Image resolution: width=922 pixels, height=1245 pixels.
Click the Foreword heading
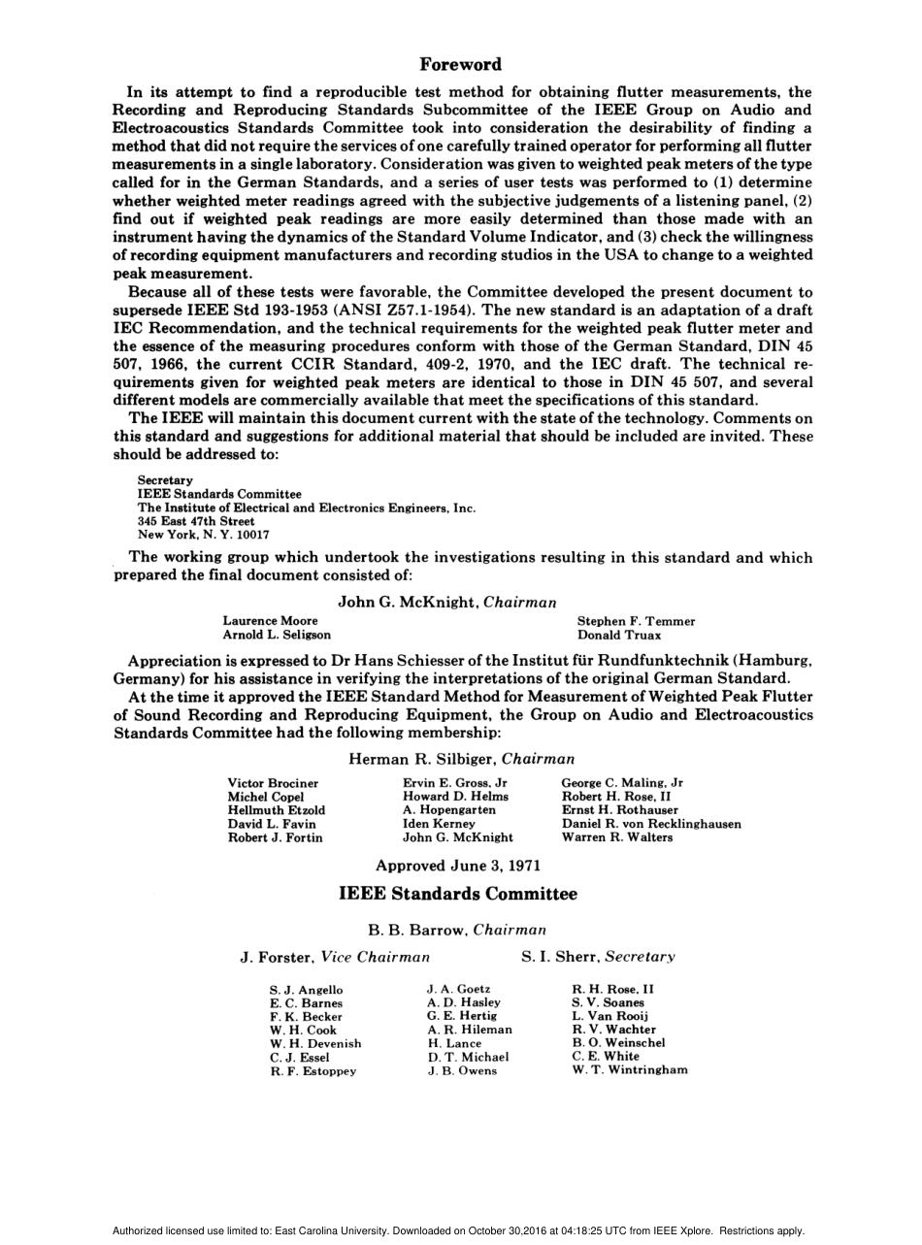tap(460, 65)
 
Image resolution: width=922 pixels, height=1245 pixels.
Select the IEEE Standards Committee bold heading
tap(458, 894)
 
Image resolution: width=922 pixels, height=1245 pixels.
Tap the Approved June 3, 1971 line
tap(458, 865)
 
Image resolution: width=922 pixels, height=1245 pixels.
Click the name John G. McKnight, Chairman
tap(447, 603)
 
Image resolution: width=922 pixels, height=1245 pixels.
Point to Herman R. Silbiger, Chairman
tap(461, 759)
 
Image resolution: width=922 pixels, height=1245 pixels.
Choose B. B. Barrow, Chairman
tap(457, 930)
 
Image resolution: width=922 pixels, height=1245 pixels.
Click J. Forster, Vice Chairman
tap(335, 957)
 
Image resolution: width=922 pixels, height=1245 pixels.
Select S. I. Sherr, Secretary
tap(598, 957)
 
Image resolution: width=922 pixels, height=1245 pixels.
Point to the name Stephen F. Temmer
tap(636, 621)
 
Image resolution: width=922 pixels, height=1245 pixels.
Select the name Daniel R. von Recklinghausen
tap(651, 824)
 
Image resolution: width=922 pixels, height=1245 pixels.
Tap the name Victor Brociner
tap(273, 783)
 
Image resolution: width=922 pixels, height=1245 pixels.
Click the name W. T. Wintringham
tap(630, 1070)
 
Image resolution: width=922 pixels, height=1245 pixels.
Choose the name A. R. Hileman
tap(470, 1030)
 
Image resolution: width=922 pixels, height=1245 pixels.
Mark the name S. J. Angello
tap(306, 990)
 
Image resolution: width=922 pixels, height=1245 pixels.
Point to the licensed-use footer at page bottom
tap(458, 1230)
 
